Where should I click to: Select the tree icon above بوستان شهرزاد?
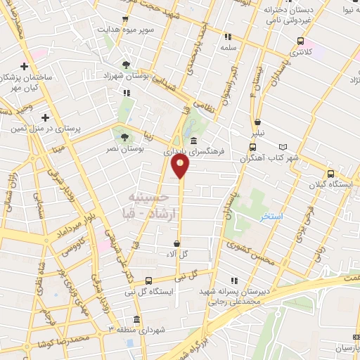click(x=126, y=64)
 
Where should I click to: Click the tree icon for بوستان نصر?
click(x=125, y=137)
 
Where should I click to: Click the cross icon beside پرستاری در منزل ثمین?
click(x=46, y=117)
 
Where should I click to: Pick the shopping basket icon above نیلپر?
click(x=258, y=122)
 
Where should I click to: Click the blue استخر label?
click(x=271, y=217)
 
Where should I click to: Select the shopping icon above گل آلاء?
click(x=176, y=243)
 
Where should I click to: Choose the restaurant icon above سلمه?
click(x=228, y=37)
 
